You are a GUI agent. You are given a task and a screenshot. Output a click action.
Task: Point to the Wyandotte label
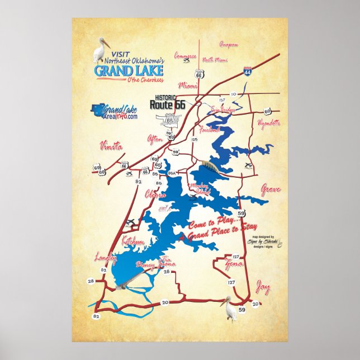pos(268,122)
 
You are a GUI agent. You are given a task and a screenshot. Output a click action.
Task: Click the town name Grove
pos(271,190)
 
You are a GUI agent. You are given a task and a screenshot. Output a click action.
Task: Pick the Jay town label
pos(263,288)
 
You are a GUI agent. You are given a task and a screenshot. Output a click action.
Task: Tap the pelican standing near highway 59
pos(229,308)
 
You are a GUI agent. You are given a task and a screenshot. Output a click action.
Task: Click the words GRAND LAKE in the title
pos(129,71)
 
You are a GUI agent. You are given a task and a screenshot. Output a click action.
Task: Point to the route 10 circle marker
pos(234,94)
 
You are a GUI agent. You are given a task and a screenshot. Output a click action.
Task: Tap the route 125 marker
pos(195,139)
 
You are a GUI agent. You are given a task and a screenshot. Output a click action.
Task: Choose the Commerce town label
pos(185,56)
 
